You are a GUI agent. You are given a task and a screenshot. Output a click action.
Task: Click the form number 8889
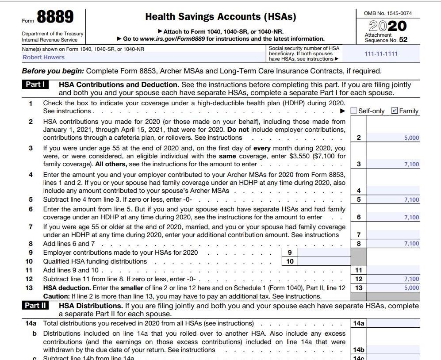pos(55,18)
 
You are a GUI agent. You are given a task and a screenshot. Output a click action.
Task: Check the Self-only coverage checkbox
pos(354,111)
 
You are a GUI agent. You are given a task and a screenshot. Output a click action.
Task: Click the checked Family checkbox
pos(395,111)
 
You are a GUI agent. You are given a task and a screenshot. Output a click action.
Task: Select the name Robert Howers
pos(44,57)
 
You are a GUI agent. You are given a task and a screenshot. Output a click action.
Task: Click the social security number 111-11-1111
pos(381,54)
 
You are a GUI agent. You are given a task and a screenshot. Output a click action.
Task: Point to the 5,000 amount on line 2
pos(411,138)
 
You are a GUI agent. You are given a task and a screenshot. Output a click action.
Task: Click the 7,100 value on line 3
pos(411,165)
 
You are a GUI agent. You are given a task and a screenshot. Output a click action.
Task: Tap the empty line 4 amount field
pos(393,191)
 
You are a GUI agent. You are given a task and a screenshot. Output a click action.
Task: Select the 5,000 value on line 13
pos(411,288)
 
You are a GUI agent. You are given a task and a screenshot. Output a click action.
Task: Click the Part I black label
pos(35,84)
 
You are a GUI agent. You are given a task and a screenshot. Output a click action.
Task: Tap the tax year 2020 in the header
pos(387,26)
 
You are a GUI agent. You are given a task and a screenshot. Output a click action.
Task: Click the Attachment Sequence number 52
pos(403,40)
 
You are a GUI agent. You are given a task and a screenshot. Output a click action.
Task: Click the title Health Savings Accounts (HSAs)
pos(221,17)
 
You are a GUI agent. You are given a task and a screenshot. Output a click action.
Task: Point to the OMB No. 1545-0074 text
pos(387,13)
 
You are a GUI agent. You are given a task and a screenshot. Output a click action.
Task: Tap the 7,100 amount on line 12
pos(411,279)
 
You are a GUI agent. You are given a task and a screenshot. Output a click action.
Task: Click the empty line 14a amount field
pos(393,323)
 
